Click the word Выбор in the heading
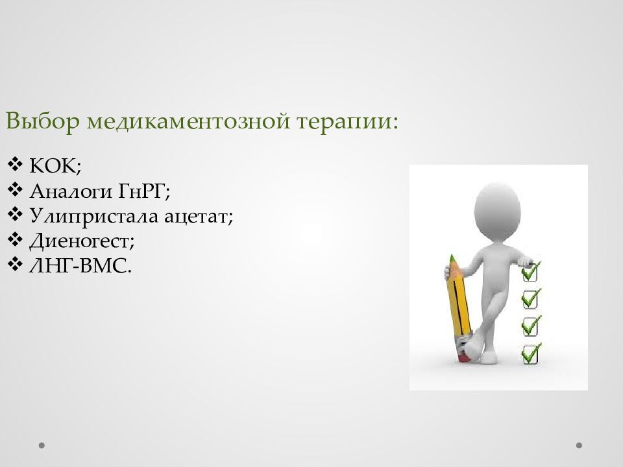[43, 121]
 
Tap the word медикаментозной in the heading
[188, 121]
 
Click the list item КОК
[55, 165]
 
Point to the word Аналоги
[71, 191]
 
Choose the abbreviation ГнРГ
[144, 191]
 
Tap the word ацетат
[199, 217]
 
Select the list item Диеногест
[82, 241]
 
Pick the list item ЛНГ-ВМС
[80, 266]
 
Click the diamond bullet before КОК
[15, 164]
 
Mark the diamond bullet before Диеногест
[15, 239]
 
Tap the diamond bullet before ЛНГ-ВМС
[15, 265]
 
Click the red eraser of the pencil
[463, 357]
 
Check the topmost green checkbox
[530, 271]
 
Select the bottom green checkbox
[531, 354]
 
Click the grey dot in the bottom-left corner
[42, 445]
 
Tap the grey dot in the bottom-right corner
[579, 445]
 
